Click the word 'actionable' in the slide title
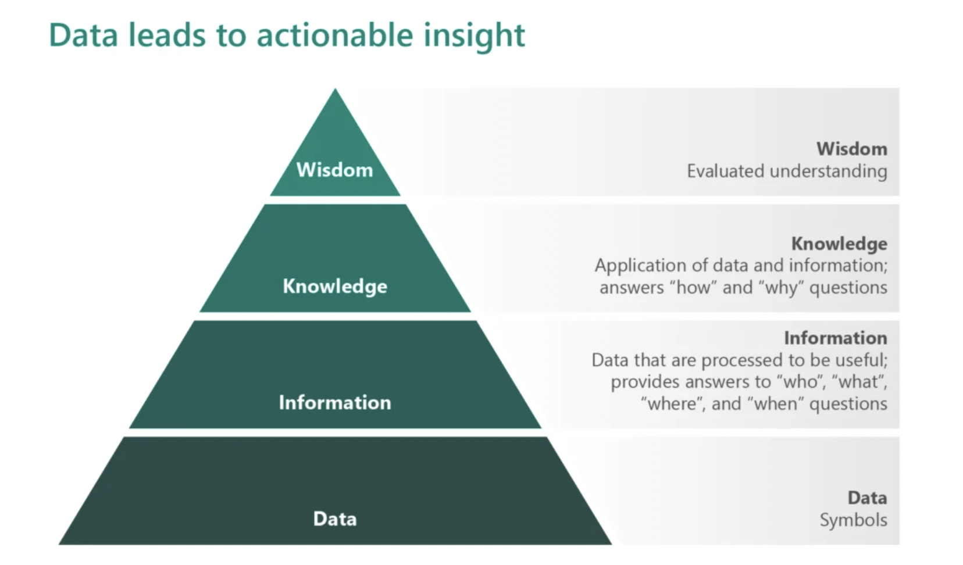(x=334, y=35)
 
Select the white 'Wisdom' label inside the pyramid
(x=334, y=170)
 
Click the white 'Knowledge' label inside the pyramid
(x=335, y=287)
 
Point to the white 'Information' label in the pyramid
(x=335, y=403)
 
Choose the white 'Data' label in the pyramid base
(x=335, y=518)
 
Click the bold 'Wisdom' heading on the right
(x=852, y=149)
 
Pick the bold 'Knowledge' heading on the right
(x=839, y=244)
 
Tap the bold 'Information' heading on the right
(x=835, y=338)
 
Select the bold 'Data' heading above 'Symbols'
(x=867, y=498)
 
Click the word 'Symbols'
(x=853, y=520)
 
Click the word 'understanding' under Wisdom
(x=829, y=171)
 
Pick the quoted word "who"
(x=801, y=381)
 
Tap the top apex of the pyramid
(x=336, y=88)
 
